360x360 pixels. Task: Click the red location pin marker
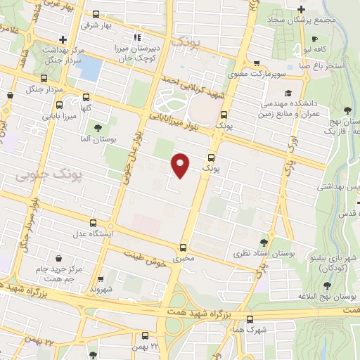[181, 165]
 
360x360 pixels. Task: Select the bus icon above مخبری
[183, 247]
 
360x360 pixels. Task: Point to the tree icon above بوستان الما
[97, 128]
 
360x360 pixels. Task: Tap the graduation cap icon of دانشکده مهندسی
[288, 93]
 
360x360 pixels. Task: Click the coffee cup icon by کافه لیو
[315, 39]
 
